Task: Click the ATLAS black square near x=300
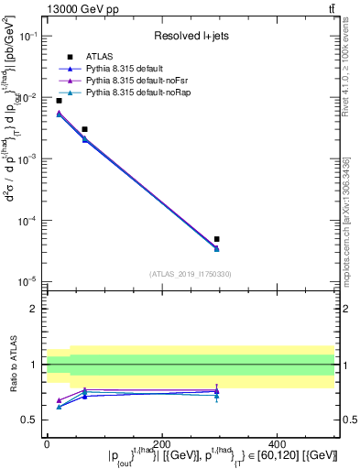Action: click(216, 239)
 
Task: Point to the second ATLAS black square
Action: click(84, 129)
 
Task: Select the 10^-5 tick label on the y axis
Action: click(28, 281)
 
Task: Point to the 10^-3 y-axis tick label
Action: click(28, 158)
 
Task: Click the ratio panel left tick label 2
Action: click(35, 309)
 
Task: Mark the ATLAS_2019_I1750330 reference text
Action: click(190, 274)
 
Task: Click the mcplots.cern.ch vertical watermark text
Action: click(352, 229)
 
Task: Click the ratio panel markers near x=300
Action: click(216, 392)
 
